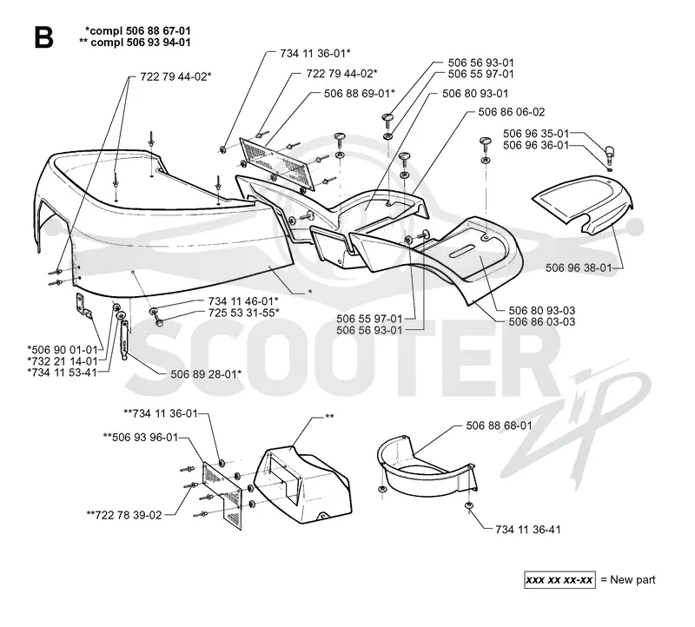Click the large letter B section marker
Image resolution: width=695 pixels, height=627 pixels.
click(x=43, y=37)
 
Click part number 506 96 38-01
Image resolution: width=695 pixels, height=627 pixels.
click(x=579, y=267)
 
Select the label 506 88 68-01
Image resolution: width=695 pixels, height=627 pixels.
click(x=499, y=426)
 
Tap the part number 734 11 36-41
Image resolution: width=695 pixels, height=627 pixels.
click(x=528, y=529)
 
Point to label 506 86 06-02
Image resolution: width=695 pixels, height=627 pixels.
click(x=511, y=112)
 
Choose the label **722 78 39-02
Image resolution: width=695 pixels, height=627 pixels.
click(x=124, y=515)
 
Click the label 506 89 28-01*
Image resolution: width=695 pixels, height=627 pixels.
click(x=206, y=374)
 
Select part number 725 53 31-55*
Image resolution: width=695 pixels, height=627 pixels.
click(x=244, y=313)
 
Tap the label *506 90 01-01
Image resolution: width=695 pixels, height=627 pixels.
click(x=62, y=350)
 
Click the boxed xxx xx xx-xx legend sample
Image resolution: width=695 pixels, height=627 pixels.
click(x=559, y=579)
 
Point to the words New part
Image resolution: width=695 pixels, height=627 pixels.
click(x=632, y=579)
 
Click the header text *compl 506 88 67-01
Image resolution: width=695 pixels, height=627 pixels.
click(x=138, y=30)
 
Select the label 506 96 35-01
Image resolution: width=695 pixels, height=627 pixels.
click(x=535, y=134)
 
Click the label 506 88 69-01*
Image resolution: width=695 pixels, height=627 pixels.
click(x=360, y=94)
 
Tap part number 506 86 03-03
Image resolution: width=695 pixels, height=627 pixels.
click(x=541, y=321)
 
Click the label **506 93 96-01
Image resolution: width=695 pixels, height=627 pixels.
click(x=141, y=438)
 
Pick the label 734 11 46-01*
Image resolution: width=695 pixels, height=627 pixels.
click(x=243, y=300)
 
